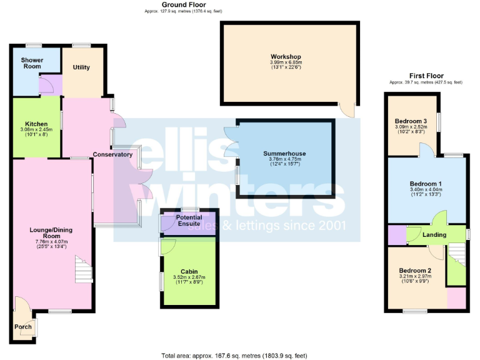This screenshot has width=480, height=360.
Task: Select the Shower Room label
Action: [x=32, y=64]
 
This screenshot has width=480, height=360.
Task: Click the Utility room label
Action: [x=81, y=67]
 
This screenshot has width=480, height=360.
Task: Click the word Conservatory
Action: [x=112, y=154]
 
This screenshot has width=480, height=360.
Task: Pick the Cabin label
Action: [x=189, y=272]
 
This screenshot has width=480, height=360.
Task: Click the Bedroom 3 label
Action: [x=411, y=121]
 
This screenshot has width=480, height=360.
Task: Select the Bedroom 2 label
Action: [x=416, y=271]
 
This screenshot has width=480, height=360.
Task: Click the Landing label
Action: [x=434, y=235]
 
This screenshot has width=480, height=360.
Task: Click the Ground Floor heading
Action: [x=181, y=4]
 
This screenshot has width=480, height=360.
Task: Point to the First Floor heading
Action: [x=426, y=76]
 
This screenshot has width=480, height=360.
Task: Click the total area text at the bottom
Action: [x=234, y=356]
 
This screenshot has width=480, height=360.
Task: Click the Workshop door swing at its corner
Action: [x=347, y=111]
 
